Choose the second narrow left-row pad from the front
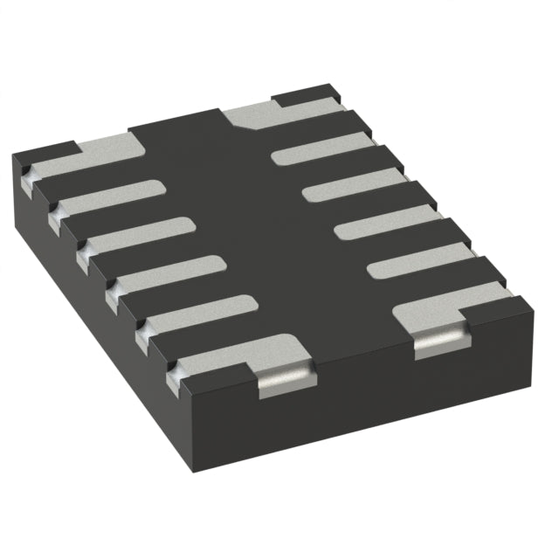(x=169, y=273)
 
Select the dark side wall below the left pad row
(x=96, y=288)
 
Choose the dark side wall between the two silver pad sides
(x=362, y=384)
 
